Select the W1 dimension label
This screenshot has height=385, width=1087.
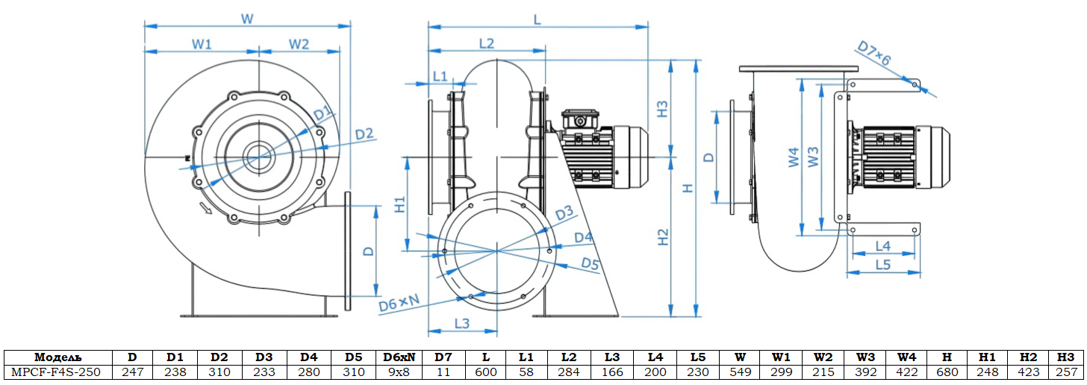(x=202, y=44)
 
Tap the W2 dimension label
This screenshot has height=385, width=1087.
(x=299, y=44)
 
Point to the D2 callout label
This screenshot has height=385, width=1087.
(x=364, y=134)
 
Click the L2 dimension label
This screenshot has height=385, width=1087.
(x=486, y=43)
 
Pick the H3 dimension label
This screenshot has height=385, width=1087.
(x=663, y=109)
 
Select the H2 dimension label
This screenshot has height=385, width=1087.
(x=663, y=237)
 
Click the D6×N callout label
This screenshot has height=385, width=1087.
(x=399, y=303)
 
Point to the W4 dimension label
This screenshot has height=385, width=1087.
(x=794, y=157)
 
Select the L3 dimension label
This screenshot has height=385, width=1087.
(x=461, y=323)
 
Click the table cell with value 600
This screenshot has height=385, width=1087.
(x=486, y=372)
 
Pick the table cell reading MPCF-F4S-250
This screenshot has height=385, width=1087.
(x=58, y=372)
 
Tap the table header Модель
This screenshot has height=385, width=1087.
(x=58, y=357)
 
